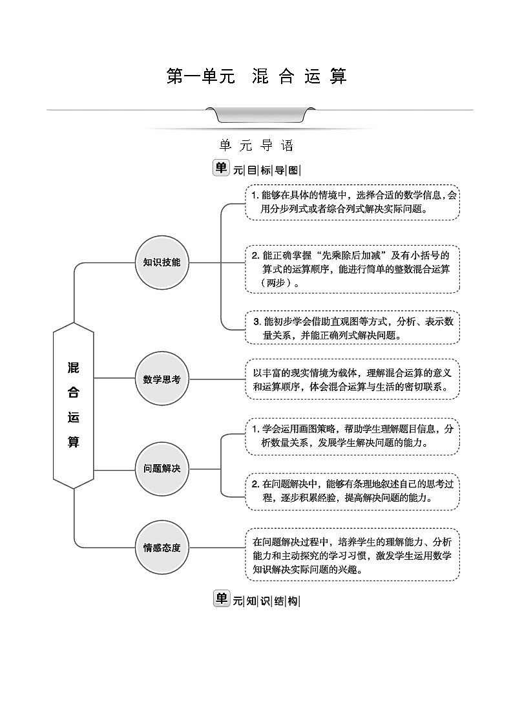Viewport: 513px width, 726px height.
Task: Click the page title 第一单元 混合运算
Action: point(257,76)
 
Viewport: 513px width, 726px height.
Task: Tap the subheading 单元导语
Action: point(256,145)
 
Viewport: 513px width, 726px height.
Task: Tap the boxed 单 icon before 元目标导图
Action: point(221,168)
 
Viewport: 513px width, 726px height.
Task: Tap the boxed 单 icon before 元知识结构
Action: point(221,599)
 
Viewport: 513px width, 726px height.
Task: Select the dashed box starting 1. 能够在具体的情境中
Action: point(352,202)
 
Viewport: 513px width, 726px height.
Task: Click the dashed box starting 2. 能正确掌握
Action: point(352,269)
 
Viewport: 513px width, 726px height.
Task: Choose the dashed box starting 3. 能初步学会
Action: point(352,328)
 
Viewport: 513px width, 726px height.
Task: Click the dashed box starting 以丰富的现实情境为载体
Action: point(352,379)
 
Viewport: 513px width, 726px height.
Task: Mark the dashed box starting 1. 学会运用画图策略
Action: point(352,436)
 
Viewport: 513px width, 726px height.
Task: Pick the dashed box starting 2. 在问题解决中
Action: point(352,491)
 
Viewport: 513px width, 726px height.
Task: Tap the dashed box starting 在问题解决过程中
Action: point(352,555)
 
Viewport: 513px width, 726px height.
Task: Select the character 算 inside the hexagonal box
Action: point(74,443)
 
